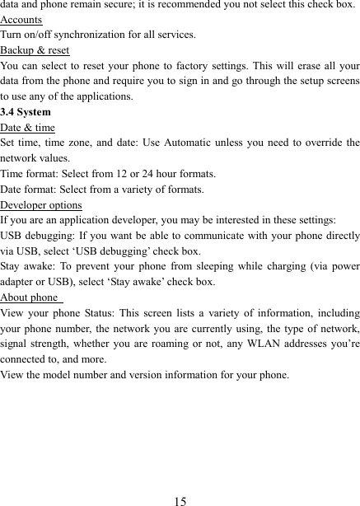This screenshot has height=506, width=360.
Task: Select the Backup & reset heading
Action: (35, 50)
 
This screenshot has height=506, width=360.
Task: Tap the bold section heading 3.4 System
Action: (26, 112)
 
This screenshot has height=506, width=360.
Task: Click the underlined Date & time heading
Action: (28, 128)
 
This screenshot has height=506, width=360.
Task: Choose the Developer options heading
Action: (41, 205)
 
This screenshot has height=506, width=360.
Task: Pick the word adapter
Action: (19, 282)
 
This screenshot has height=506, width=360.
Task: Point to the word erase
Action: (306, 66)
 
